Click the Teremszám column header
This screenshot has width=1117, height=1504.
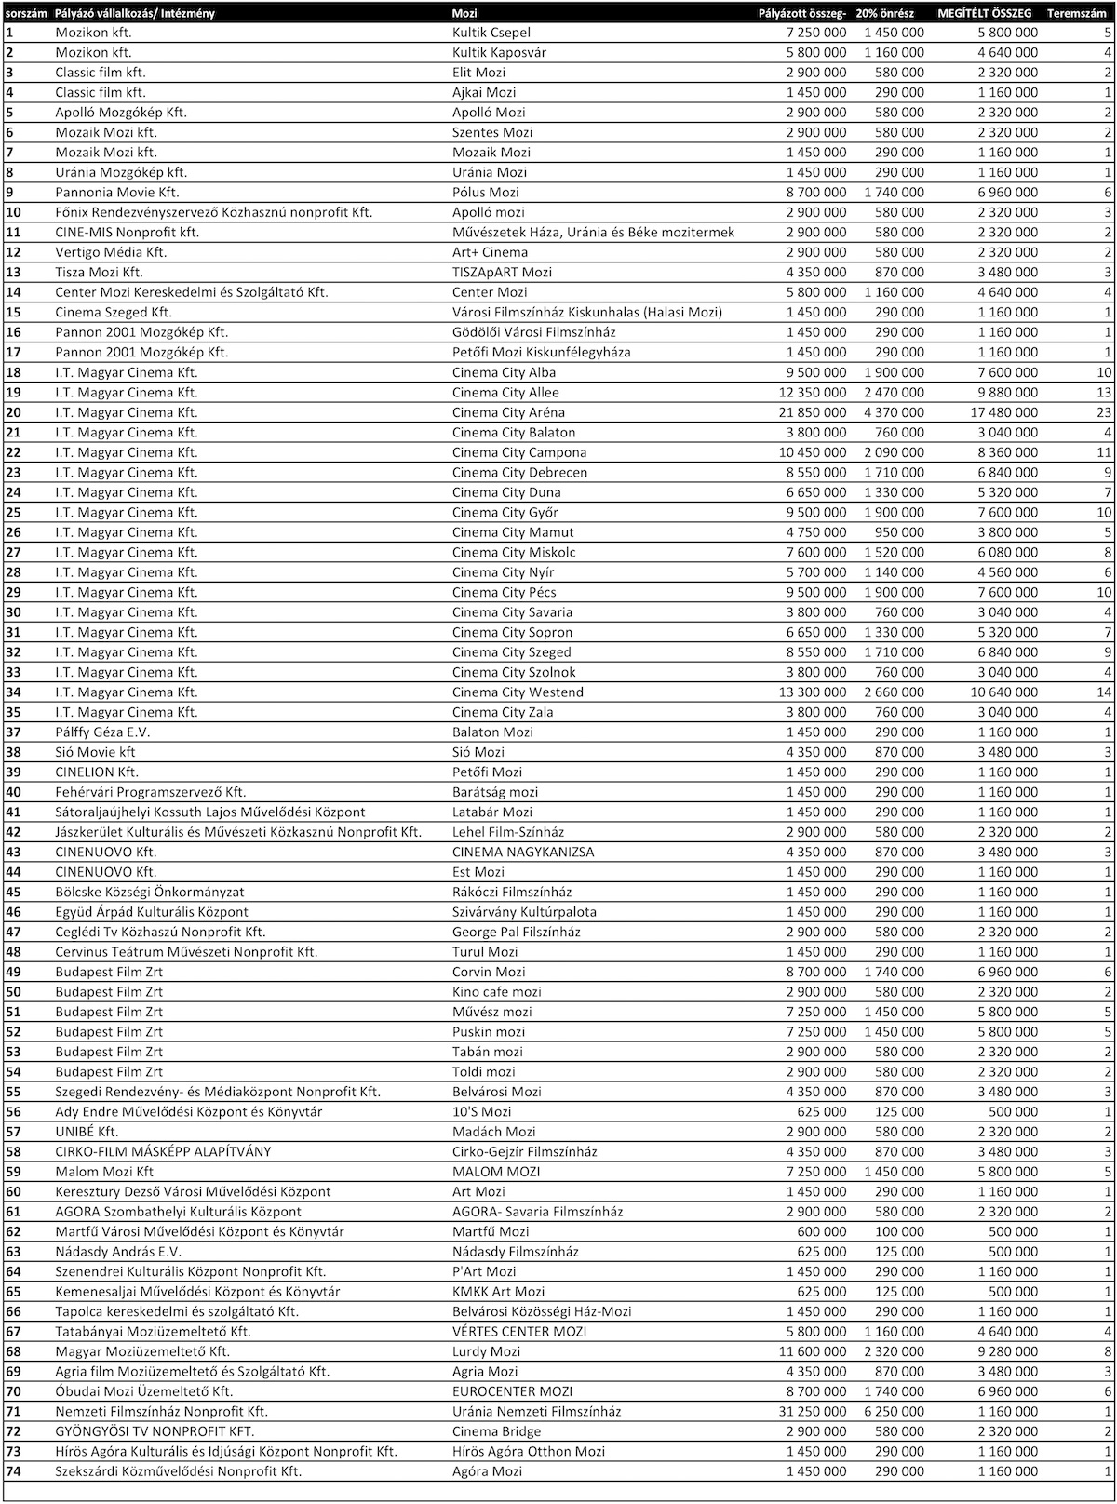(1077, 13)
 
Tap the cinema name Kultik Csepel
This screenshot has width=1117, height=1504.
(491, 33)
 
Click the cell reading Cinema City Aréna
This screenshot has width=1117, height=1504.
(508, 412)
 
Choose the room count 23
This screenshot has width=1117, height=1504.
(1104, 412)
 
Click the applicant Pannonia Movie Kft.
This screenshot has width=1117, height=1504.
(116, 193)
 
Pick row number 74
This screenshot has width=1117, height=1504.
(13, 1471)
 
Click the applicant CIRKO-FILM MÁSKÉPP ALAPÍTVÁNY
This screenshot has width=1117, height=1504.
(163, 1151)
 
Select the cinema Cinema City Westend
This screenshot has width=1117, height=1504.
(518, 692)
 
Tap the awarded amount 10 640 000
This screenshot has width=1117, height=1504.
(1002, 692)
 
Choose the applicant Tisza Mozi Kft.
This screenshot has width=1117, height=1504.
(99, 272)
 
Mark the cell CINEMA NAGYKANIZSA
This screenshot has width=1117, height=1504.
(523, 852)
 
